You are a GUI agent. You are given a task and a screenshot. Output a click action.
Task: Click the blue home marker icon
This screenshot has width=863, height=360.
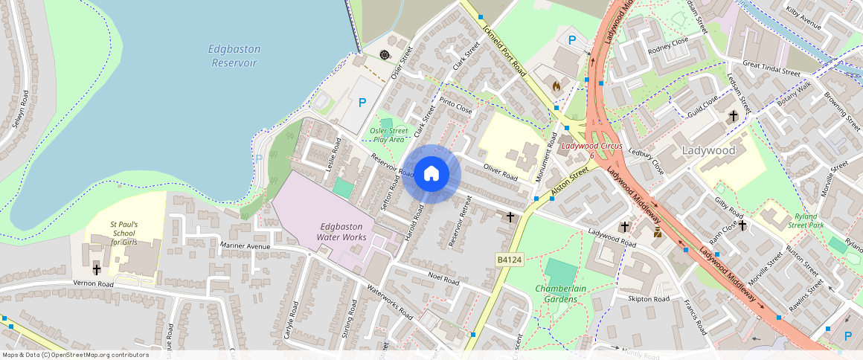coord(431,174)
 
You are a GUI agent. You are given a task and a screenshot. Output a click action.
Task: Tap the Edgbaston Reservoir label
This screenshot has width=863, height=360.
coord(234,56)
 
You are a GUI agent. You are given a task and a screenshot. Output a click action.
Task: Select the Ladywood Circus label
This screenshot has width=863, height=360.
coord(591,146)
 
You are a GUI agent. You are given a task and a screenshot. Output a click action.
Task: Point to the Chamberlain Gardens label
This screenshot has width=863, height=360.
coord(556,293)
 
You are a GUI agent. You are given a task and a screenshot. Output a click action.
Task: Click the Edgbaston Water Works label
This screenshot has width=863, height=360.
coord(341,231)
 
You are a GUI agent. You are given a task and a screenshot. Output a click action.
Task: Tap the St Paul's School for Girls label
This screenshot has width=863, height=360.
coord(123,232)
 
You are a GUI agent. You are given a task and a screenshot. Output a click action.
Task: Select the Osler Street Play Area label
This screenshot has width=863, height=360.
coord(388,135)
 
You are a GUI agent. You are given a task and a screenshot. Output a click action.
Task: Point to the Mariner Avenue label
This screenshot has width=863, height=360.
coord(246,245)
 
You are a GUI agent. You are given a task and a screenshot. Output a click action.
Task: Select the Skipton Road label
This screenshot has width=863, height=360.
coord(649,298)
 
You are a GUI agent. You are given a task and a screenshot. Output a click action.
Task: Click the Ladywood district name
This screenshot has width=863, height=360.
coord(708,150)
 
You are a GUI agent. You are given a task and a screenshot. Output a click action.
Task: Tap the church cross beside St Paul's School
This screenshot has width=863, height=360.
coord(97,269)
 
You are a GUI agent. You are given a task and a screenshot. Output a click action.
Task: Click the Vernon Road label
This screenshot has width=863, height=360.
coord(93,283)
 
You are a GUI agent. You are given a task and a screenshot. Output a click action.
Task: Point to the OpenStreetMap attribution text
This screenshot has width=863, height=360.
coord(76,355)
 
